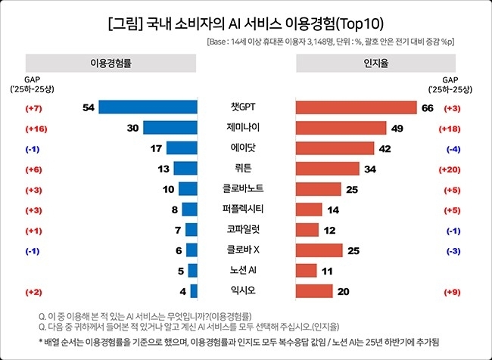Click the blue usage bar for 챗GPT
point(148,107)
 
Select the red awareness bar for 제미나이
point(340,128)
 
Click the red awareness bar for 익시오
point(313,290)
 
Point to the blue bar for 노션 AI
point(193,270)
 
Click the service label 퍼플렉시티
point(246,209)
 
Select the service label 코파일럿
point(246,229)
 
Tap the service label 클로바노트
point(246,189)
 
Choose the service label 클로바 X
point(246,250)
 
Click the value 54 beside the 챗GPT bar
point(88,108)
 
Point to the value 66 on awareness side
point(427,108)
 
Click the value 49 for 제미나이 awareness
point(397,128)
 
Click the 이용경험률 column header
point(111,63)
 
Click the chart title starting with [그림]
point(246,22)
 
